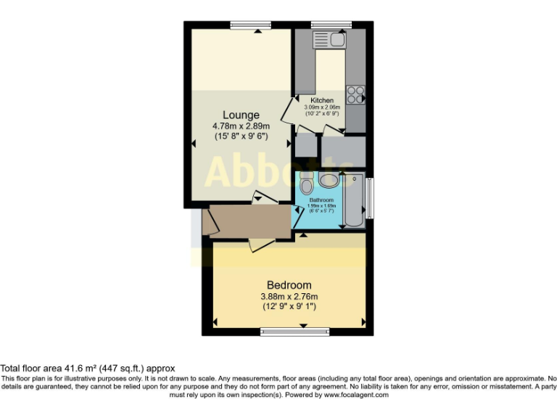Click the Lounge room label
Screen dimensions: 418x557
(x=241, y=115)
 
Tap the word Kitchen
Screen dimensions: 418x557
(x=322, y=100)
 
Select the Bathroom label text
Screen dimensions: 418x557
(x=321, y=199)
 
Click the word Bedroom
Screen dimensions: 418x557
(x=289, y=284)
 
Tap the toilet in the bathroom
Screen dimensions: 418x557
(x=306, y=179)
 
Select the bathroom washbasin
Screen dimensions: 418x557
(x=329, y=181)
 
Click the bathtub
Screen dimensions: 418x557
(x=354, y=200)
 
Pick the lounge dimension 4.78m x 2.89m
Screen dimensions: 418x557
(x=241, y=126)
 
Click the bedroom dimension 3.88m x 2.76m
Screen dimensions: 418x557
(x=289, y=296)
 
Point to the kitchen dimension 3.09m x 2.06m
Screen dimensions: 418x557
(x=322, y=107)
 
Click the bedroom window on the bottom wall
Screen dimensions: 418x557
(x=289, y=332)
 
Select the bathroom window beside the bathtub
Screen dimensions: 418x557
(x=370, y=197)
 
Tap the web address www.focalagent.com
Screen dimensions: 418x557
(x=357, y=396)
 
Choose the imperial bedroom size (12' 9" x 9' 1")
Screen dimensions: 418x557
(x=289, y=306)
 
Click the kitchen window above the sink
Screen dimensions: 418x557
(x=331, y=25)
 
